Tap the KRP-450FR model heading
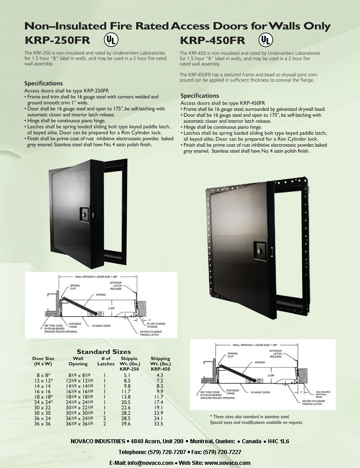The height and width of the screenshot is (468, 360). tap(212, 41)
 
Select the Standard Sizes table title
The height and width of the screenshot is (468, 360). tap(103, 351)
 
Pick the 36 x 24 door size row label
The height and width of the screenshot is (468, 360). tap(44, 418)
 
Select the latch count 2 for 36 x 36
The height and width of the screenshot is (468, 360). tap(104, 423)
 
